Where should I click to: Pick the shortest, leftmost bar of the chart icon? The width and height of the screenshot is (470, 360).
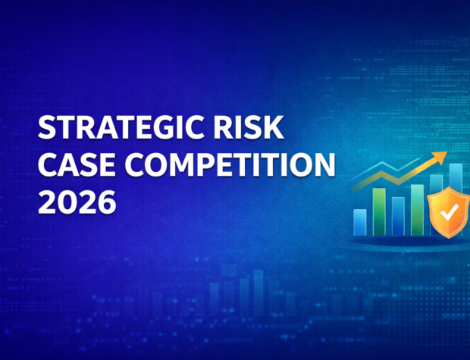pyautogui.click(x=360, y=221)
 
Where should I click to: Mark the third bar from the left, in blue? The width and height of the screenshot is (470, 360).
pyautogui.click(x=398, y=215)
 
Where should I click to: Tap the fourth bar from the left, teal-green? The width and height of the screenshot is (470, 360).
pyautogui.click(x=417, y=208)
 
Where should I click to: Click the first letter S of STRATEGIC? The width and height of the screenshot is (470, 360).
pyautogui.click(x=48, y=129)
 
